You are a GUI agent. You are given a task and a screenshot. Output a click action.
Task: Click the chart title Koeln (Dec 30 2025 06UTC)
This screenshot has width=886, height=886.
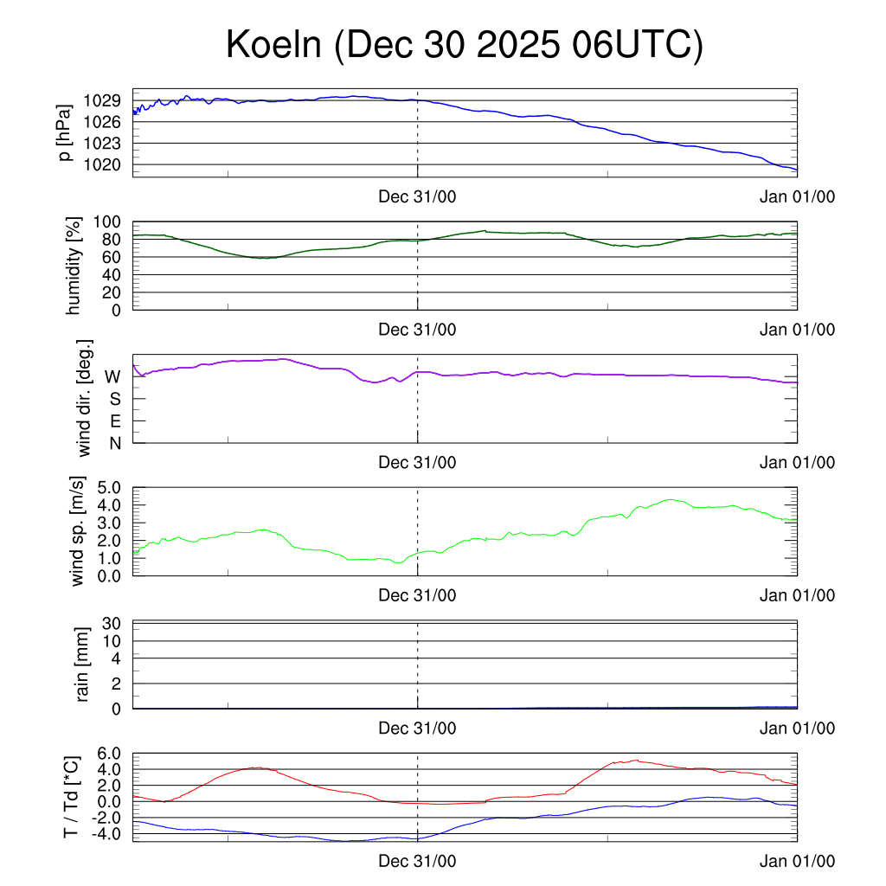[x=465, y=45]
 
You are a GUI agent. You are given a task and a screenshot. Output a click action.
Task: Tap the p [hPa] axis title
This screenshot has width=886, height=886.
[x=65, y=132]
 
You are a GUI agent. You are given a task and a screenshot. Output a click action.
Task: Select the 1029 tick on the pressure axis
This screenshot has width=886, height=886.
[x=101, y=100]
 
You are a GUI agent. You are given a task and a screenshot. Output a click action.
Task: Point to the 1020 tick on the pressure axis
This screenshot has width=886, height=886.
[x=101, y=164]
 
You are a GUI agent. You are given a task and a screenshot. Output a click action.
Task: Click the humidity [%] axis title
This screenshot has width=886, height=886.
[x=75, y=266]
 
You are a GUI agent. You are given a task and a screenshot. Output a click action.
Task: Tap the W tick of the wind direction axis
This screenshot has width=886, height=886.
[x=112, y=377]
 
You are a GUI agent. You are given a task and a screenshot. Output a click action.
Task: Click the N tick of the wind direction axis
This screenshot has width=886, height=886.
[x=113, y=443]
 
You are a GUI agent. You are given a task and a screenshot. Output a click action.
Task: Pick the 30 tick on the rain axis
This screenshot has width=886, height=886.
[x=111, y=623]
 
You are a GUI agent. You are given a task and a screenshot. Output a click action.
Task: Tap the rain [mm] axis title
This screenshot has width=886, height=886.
[x=83, y=665]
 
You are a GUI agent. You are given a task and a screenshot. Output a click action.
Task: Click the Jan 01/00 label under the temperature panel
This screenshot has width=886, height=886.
[x=797, y=862]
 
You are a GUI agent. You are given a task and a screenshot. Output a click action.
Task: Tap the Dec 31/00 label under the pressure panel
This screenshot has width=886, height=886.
[x=418, y=196]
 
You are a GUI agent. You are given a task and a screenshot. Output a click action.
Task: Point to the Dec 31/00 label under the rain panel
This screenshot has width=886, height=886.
[x=418, y=729]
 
